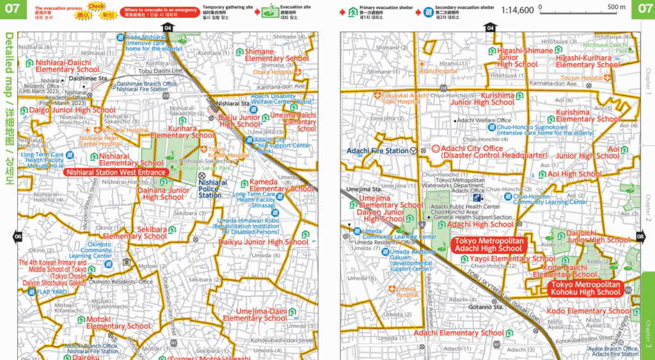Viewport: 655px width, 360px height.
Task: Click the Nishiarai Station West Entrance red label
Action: pos(116,172)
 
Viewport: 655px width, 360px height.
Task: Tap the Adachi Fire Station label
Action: pos(377,151)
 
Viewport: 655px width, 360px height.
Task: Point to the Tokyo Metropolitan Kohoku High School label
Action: pos(586,288)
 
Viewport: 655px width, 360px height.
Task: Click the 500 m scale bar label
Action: pos(617,7)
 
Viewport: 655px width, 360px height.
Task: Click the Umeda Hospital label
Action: pos(407,292)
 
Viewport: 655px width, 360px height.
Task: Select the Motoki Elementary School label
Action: pos(118,322)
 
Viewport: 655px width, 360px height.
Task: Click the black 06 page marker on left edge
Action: pos(17,237)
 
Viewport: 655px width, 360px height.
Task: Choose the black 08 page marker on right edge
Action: pos(640,237)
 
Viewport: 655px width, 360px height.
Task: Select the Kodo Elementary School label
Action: pos(588,311)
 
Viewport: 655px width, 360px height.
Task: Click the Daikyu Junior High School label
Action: pos(264,242)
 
